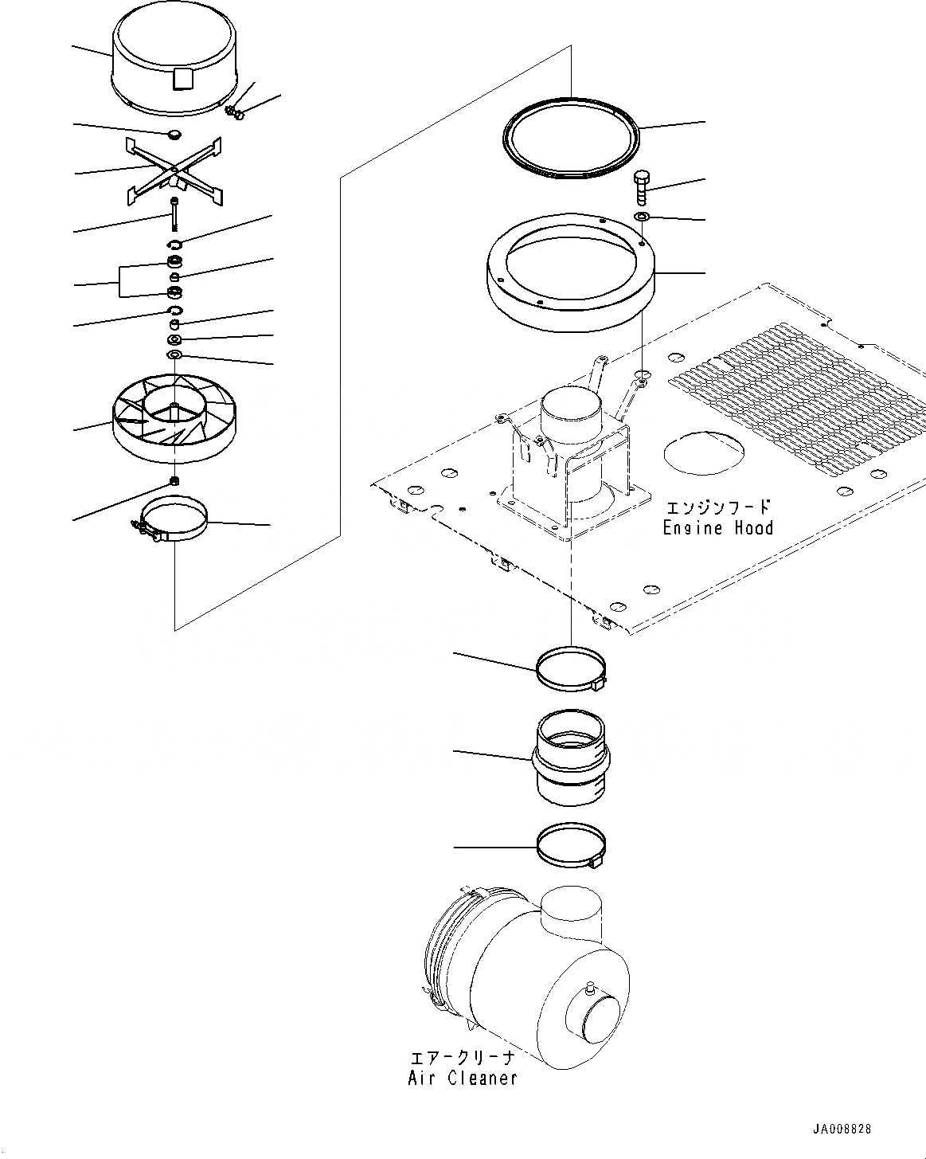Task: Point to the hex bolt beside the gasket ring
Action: tap(643, 188)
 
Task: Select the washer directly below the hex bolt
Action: tap(643, 217)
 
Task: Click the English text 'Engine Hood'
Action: tap(717, 527)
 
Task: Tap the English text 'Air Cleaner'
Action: tap(463, 1078)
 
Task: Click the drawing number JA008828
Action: tap(842, 1130)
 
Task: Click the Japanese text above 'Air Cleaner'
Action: tap(463, 1059)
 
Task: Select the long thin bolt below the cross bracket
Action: tap(173, 216)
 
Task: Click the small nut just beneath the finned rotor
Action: tap(174, 480)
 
